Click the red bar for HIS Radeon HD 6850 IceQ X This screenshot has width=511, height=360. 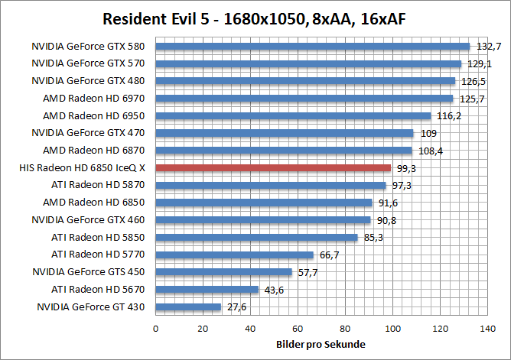pyautogui.click(x=273, y=167)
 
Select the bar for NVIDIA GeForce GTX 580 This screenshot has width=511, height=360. pyautogui.click(x=312, y=46)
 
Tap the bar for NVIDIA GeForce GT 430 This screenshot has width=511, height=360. pyautogui.click(x=188, y=306)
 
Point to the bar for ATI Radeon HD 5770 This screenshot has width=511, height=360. pyautogui.click(x=235, y=255)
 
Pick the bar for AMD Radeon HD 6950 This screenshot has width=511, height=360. pyautogui.click(x=294, y=115)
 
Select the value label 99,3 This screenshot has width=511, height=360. pyautogui.click(x=405, y=168)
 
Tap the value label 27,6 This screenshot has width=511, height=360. pyautogui.click(x=236, y=307)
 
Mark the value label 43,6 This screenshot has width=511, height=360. pyautogui.click(x=274, y=290)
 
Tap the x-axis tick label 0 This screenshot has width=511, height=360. pyautogui.click(x=156, y=329)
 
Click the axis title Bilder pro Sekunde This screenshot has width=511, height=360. pyautogui.click(x=321, y=345)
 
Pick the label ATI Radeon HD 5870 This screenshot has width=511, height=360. pyautogui.click(x=98, y=185)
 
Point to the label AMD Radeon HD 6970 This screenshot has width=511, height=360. pyautogui.click(x=94, y=98)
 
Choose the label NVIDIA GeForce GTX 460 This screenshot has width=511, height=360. pyautogui.click(x=89, y=219)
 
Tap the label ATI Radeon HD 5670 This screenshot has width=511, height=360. pyautogui.click(x=98, y=289)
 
